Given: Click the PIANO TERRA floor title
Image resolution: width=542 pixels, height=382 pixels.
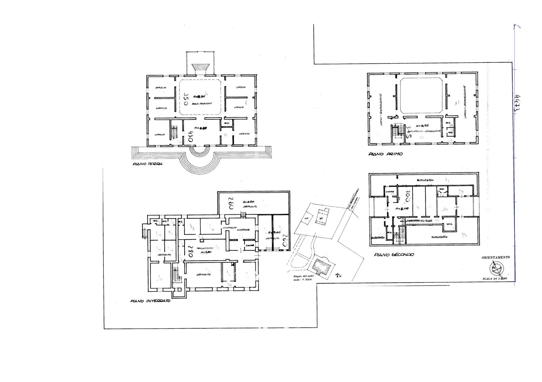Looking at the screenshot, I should tap(147, 164).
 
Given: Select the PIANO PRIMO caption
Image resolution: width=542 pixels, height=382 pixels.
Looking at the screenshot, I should tap(385, 154).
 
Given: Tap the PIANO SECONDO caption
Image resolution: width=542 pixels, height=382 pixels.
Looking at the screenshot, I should tap(394, 255).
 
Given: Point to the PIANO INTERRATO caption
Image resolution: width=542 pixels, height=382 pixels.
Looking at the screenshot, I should tap(150, 301).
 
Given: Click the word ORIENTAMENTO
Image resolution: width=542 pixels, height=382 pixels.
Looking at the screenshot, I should tap(495, 257).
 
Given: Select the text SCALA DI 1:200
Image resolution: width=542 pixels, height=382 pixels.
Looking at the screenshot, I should tap(494, 279).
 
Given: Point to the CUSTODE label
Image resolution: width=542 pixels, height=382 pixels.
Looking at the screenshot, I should tap(243, 230).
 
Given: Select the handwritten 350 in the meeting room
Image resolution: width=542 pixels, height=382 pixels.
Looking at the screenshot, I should tap(186, 99).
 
